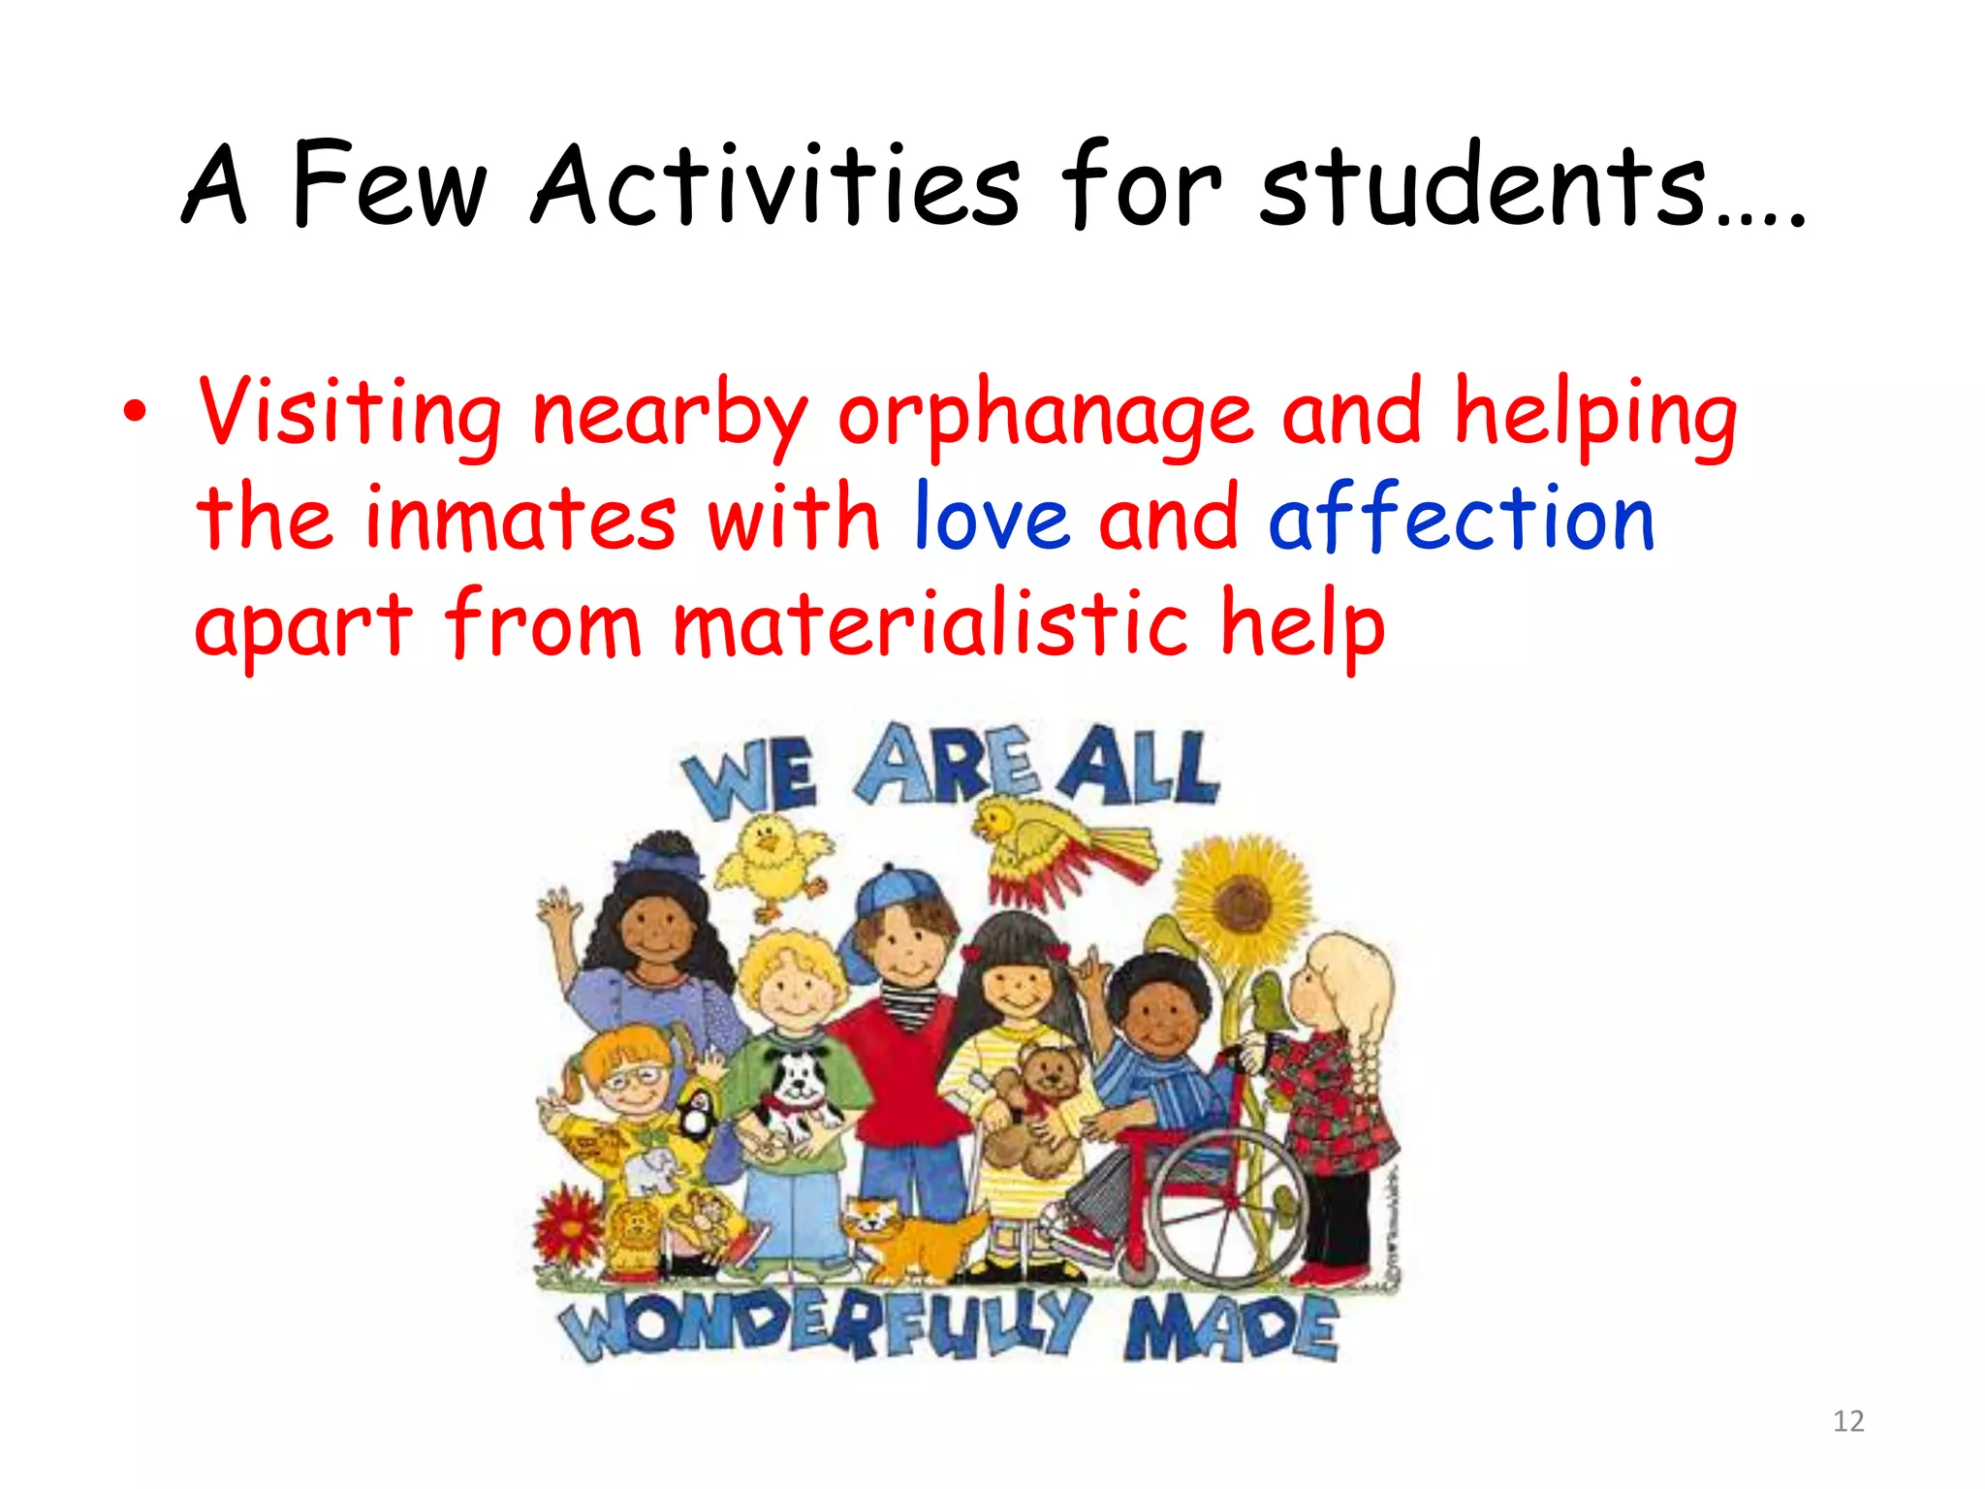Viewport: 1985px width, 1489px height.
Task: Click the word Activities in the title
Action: point(775,184)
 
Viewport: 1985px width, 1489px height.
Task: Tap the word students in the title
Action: point(1483,184)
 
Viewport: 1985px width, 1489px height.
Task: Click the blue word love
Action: point(991,519)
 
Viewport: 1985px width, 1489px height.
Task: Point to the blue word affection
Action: point(1461,519)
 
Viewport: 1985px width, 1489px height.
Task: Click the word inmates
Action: point(520,519)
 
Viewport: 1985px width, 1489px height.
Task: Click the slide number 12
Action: point(1848,1421)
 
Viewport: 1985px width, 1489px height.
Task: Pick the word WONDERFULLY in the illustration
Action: point(824,1323)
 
